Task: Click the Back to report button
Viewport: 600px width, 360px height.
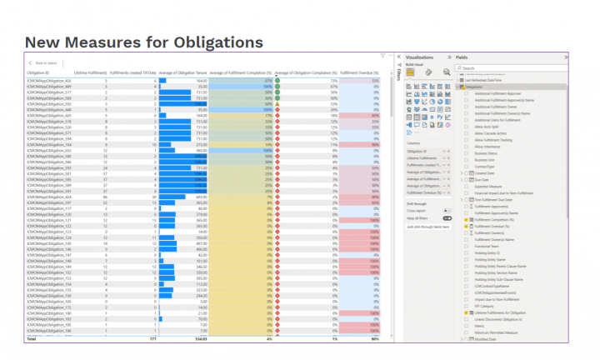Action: click(43, 63)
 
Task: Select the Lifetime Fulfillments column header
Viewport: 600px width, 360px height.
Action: click(90, 73)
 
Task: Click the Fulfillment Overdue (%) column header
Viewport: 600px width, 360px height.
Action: click(360, 73)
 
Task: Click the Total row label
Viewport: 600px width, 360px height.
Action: click(32, 339)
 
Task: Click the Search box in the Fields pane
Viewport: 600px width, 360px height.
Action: click(510, 68)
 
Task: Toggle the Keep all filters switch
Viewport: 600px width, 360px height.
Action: click(447, 217)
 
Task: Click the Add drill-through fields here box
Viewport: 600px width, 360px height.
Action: click(427, 227)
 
